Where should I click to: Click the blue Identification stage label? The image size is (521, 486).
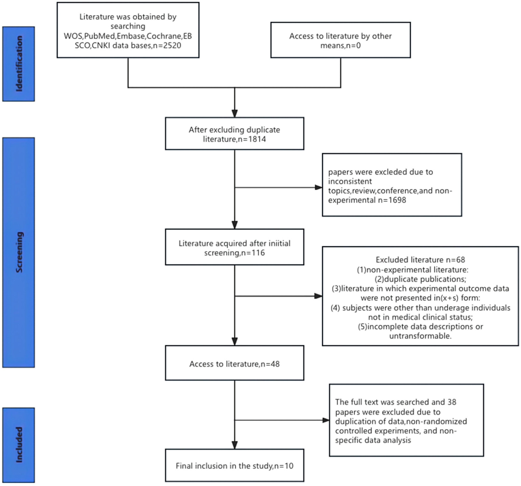[x=19, y=64]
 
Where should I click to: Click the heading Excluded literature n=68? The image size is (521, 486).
[x=420, y=260]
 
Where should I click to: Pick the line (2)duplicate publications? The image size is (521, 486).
[x=420, y=279]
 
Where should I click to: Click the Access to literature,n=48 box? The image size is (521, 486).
[x=235, y=364]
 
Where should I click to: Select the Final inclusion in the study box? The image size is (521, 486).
[x=235, y=466]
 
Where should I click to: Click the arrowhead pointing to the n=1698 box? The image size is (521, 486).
[x=318, y=188]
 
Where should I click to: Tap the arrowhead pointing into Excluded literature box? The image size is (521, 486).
[x=318, y=296]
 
